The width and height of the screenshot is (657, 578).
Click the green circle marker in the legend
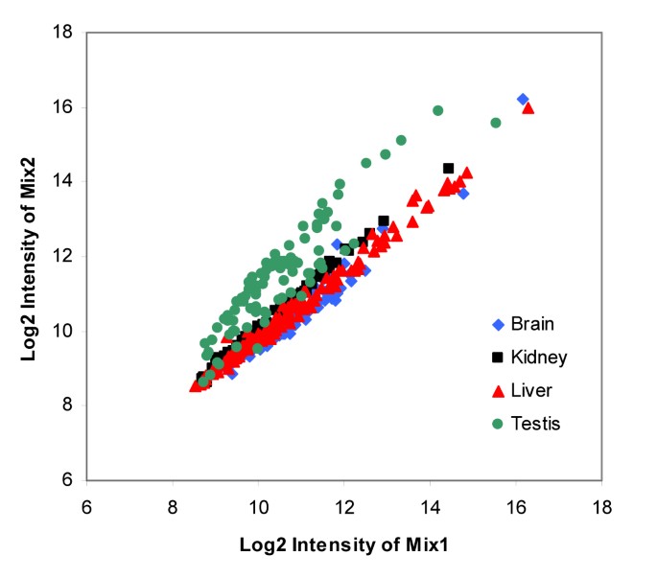(x=497, y=421)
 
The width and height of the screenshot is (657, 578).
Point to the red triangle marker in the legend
(x=497, y=388)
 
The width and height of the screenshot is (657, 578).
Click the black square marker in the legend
(x=497, y=358)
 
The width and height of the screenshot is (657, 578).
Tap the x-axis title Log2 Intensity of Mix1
(x=344, y=545)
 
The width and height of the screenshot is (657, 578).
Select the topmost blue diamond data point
(x=523, y=99)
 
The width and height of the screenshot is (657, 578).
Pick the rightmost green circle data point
(x=496, y=123)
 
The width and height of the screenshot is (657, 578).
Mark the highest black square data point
(x=448, y=169)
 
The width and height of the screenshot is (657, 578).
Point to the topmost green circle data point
(x=437, y=110)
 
